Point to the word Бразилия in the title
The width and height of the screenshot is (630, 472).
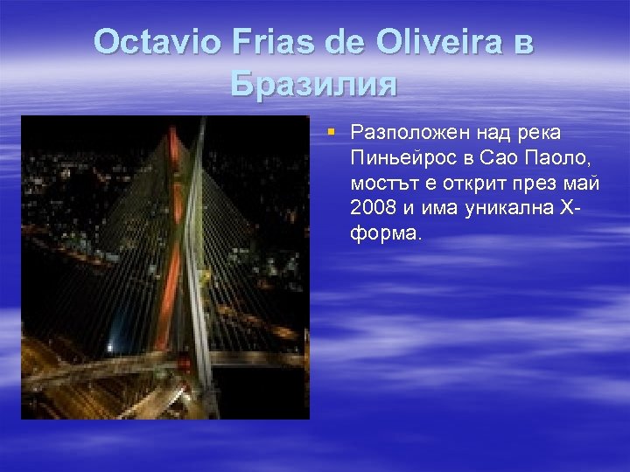click(314, 84)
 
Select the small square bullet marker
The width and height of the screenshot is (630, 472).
click(332, 132)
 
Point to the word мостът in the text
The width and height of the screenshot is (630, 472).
click(379, 184)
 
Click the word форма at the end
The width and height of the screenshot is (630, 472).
click(385, 234)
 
